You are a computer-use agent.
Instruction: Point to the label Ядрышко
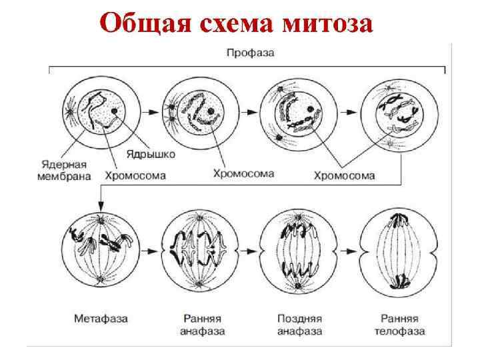coord(151,154)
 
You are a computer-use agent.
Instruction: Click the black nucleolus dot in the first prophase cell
coord(115,111)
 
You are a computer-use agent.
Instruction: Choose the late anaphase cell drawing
coord(298,251)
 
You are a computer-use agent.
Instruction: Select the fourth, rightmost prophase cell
coord(397,111)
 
